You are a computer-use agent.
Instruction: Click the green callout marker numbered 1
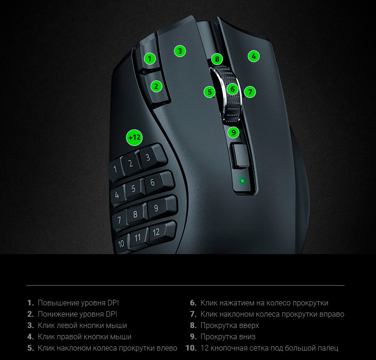(x=149, y=58)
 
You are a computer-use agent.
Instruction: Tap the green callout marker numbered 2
(x=157, y=86)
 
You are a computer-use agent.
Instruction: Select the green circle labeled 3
(x=180, y=51)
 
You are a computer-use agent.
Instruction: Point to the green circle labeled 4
(x=254, y=56)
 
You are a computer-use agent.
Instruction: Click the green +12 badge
(x=134, y=137)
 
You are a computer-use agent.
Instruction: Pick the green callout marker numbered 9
(x=233, y=132)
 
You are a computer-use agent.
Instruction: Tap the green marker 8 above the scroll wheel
(x=217, y=59)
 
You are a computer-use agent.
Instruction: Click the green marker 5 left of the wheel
(x=210, y=92)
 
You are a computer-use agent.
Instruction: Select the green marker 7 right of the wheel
(x=250, y=92)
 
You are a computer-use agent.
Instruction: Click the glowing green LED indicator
(x=243, y=181)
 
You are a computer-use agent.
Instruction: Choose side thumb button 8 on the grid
(x=137, y=214)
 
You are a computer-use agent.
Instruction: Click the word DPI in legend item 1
(x=113, y=303)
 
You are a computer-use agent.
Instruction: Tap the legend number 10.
(x=191, y=348)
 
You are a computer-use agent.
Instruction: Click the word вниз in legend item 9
(x=248, y=336)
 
